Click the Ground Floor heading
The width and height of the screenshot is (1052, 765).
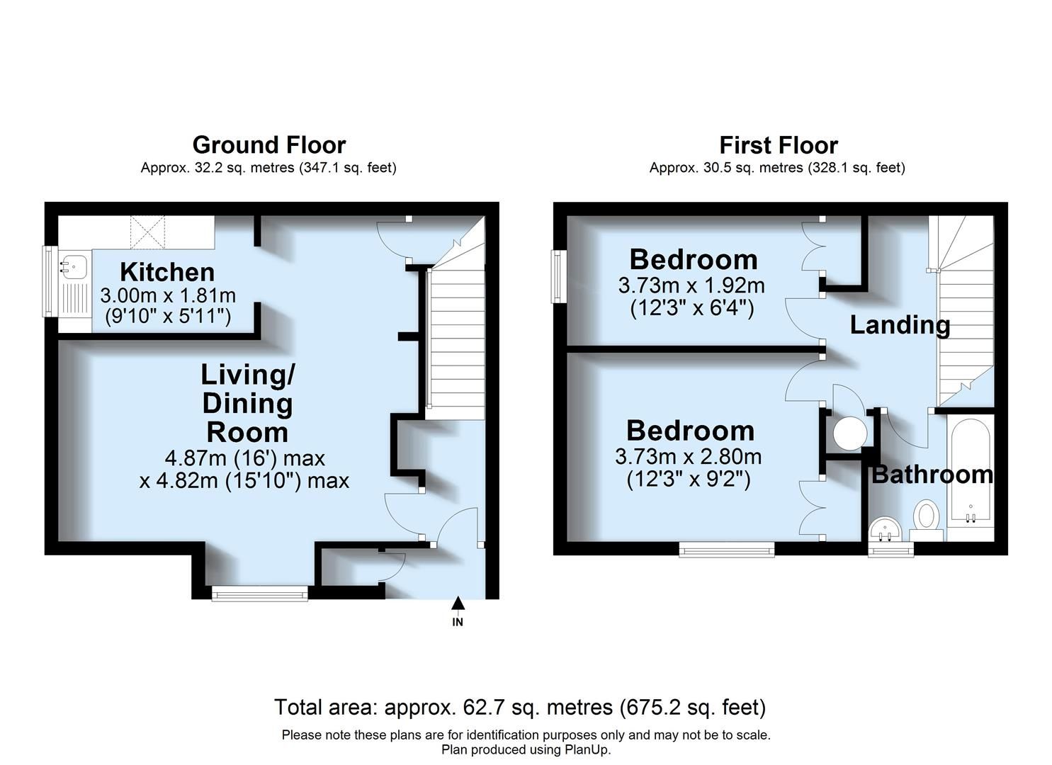pos(268,145)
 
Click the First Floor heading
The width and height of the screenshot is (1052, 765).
pos(778,145)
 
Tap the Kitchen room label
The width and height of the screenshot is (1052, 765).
pos(167,272)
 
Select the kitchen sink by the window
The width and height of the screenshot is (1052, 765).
pos(73,266)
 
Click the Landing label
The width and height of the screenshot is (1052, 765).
pos(900,325)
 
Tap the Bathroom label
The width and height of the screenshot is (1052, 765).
pos(932,475)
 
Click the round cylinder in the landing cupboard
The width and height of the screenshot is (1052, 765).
pos(849,433)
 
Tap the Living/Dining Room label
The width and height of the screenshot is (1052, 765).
pos(247,403)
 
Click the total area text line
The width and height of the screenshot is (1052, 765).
pos(519,707)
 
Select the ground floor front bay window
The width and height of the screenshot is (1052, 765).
pos(260,594)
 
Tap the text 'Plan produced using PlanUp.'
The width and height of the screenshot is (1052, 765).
pos(526,749)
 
